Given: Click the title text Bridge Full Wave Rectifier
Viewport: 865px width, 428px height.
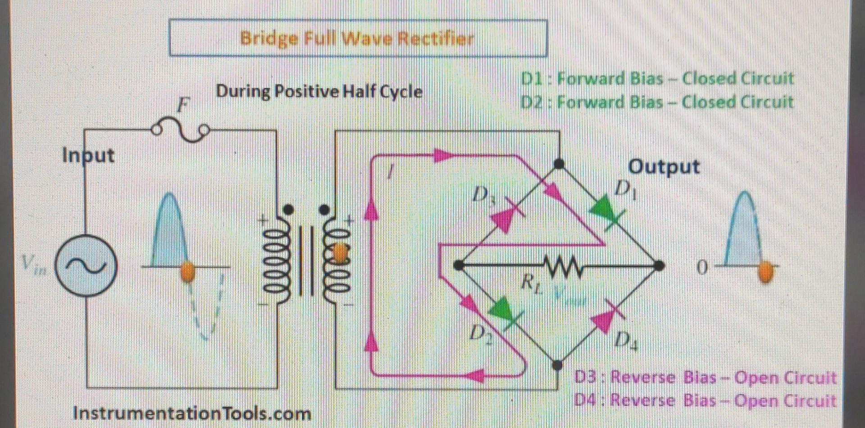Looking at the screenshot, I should pyautogui.click(x=357, y=38).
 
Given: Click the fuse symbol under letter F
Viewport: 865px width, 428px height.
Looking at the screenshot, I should pyautogui.click(x=181, y=129).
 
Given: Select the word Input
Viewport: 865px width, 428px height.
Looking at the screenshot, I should pyautogui.click(x=88, y=156).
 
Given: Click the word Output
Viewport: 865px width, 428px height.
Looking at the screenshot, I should pyautogui.click(x=664, y=167).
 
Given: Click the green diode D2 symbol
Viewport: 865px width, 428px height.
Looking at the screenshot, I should pyautogui.click(x=504, y=313).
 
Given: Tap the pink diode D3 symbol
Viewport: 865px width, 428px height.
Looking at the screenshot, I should pyautogui.click(x=502, y=216).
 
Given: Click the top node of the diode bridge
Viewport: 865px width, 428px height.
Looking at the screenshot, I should pyautogui.click(x=559, y=164).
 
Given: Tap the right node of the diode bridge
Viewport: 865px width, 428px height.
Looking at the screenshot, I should pyautogui.click(x=659, y=266).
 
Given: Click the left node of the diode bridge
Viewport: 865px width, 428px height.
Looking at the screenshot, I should pyautogui.click(x=459, y=265).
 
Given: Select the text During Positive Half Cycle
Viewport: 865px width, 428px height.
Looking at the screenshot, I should pyautogui.click(x=319, y=92).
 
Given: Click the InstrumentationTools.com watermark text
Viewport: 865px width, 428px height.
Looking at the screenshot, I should pyautogui.click(x=192, y=413).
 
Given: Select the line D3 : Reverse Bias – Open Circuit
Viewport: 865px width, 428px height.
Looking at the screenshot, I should pyautogui.click(x=705, y=377).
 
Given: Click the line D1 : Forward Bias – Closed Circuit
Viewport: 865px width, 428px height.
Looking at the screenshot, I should pyautogui.click(x=657, y=79).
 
